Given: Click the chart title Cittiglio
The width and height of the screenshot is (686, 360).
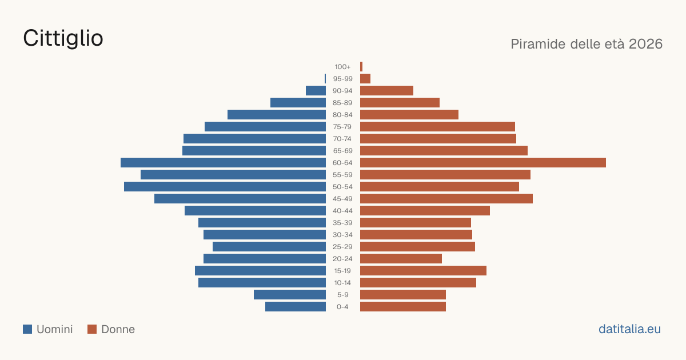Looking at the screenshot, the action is (63, 38).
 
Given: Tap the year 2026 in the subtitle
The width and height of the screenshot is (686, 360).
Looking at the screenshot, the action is (645, 44).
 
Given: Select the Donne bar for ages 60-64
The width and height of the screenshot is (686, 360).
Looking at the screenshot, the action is (483, 162).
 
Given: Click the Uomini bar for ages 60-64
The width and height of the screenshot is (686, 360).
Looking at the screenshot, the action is (224, 162).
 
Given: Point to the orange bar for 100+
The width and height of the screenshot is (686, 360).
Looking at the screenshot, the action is (361, 67).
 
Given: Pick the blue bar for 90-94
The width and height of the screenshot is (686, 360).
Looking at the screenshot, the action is (316, 91).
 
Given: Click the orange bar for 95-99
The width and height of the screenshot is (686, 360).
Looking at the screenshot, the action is (365, 79).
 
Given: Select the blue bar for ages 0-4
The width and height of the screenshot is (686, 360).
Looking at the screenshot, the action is (296, 307).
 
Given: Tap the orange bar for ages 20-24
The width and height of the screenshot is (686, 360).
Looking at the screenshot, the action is (401, 259).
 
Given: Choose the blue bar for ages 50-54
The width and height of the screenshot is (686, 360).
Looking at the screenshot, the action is (225, 187).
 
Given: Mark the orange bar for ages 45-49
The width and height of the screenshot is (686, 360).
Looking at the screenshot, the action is (446, 199).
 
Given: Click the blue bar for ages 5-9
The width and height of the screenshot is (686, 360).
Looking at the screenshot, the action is (290, 295).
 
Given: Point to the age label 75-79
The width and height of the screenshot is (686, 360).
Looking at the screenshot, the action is (342, 127).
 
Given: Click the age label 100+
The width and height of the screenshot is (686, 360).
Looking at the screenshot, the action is (342, 67).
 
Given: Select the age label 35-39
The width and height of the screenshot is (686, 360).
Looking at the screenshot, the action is (342, 223).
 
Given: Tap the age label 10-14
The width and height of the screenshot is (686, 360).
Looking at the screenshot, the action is (342, 283).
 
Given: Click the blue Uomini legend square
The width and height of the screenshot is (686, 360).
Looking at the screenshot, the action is (27, 329).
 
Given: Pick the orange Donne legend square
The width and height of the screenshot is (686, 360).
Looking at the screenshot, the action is (92, 329).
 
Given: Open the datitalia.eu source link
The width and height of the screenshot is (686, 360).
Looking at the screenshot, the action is (629, 329).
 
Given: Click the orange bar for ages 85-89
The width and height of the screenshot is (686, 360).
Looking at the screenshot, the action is (400, 102).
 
